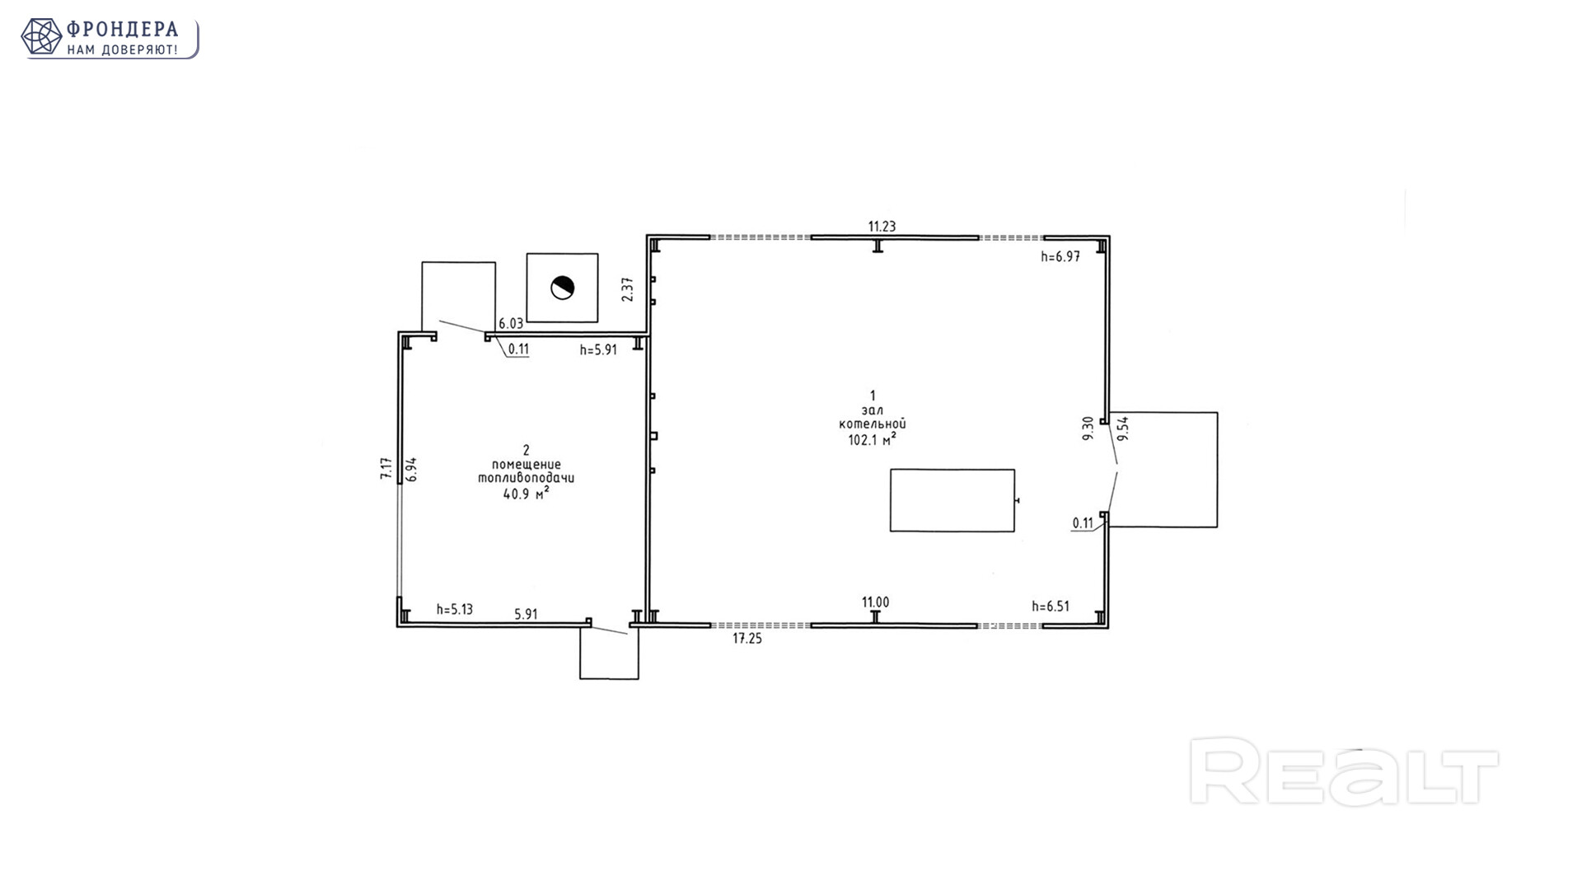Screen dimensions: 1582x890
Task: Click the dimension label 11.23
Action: pos(882,227)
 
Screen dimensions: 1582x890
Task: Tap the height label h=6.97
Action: pos(1060,256)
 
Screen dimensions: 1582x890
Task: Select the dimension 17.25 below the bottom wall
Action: pos(747,639)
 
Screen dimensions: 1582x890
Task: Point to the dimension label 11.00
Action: pos(876,603)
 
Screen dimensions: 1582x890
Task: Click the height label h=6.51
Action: pos(1051,607)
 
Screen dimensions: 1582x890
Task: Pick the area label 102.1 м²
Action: pos(873,440)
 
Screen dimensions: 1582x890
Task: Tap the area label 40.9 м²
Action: pos(527,494)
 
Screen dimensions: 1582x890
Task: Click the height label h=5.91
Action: pos(598,350)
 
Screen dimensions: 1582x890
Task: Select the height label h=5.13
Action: pos(455,610)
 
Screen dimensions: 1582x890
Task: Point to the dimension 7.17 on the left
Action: pos(386,470)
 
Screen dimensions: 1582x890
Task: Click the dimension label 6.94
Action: pos(412,470)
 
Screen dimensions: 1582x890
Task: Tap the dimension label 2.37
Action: pos(628,289)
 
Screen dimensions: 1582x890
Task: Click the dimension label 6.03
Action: pos(511,324)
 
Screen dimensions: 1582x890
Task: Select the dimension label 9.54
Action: pos(1122,429)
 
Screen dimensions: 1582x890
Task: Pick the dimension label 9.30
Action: pos(1088,429)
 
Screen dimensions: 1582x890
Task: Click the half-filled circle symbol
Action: pos(563,288)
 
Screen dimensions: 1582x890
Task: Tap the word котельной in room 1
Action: pos(873,424)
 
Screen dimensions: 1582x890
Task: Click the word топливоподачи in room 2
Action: pos(527,479)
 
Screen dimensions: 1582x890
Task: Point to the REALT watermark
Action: pos(1344,772)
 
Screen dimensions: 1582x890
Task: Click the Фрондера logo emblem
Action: pos(41,37)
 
